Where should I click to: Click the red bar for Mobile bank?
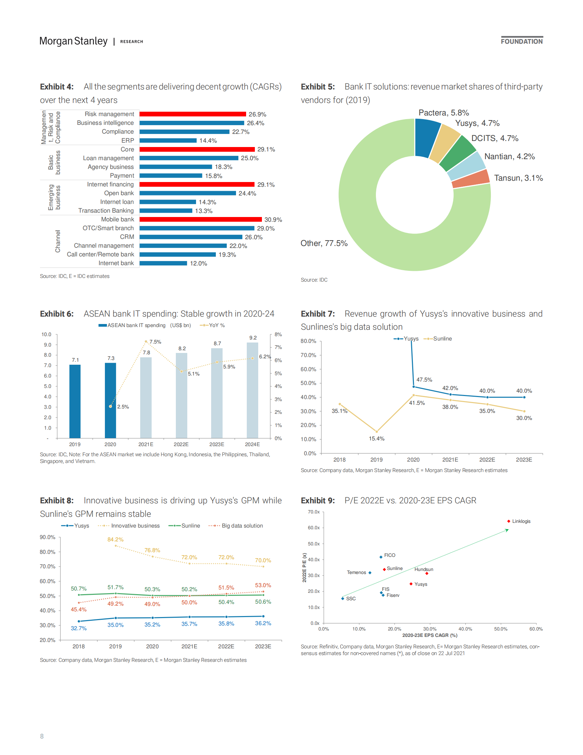(200, 219)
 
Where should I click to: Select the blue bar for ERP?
(168, 141)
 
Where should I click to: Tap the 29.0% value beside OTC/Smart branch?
(266, 228)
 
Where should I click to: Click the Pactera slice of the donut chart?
(427, 137)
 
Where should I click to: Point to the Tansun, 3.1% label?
(518, 178)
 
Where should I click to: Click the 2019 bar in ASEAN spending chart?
(75, 401)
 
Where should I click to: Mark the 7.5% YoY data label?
(155, 342)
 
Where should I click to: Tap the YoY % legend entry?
(213, 325)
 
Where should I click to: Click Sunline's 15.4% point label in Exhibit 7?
(377, 439)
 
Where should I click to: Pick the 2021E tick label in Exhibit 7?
(450, 460)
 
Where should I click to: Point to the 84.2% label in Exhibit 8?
(115, 540)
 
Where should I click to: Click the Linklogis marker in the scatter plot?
(509, 521)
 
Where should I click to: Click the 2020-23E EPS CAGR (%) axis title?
(430, 635)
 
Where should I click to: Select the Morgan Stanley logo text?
(73, 41)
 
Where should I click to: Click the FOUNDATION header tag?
(521, 41)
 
